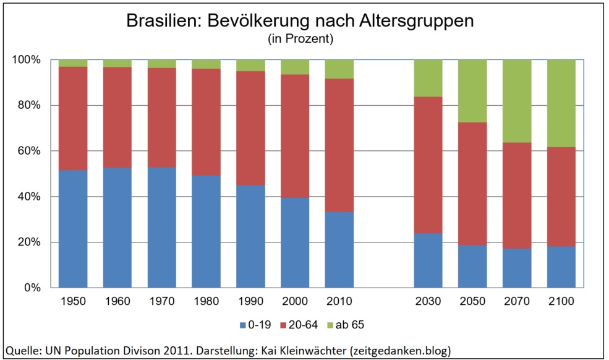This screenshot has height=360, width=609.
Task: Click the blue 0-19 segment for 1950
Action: (73, 229)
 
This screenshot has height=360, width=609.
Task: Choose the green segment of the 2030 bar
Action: (428, 79)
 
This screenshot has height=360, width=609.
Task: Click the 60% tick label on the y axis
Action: (28, 151)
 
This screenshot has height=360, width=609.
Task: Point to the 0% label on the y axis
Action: (32, 288)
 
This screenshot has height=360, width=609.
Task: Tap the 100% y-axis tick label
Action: (26, 60)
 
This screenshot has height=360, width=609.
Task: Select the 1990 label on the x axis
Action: (250, 302)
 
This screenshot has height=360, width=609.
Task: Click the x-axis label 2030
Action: (428, 302)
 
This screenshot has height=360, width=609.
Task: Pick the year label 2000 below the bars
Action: (295, 302)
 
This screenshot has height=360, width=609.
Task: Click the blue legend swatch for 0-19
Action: (243, 324)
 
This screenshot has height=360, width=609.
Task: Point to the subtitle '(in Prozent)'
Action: (300, 40)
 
